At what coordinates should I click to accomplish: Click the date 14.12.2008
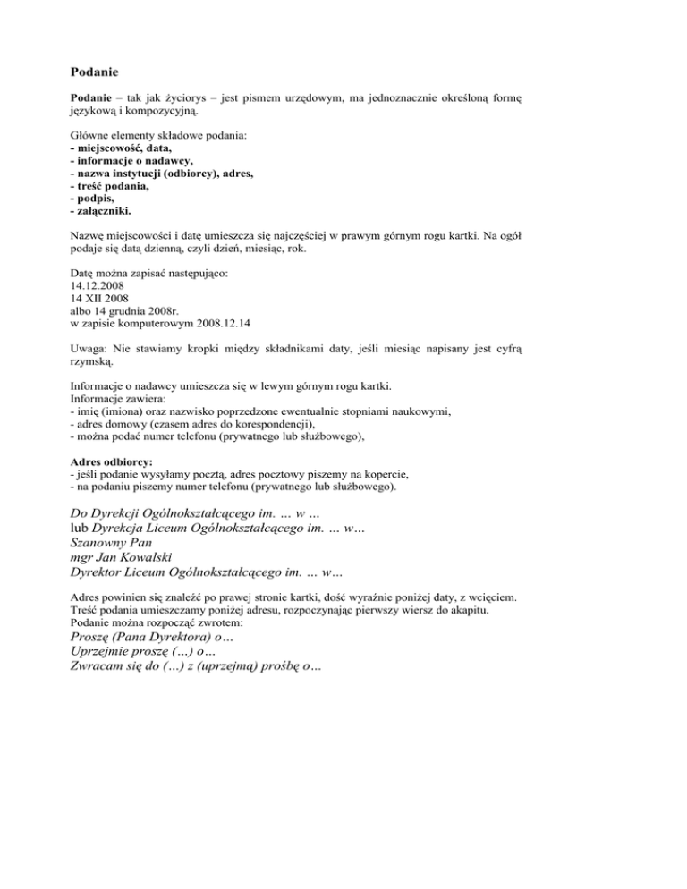tap(97, 286)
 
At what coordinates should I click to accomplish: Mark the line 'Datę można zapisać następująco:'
tap(148, 274)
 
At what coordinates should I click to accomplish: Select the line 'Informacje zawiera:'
tap(116, 401)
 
